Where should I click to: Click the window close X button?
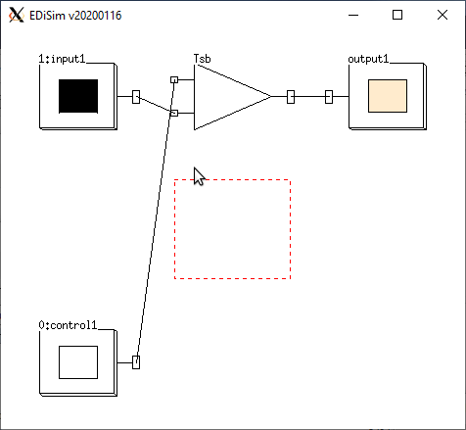443,15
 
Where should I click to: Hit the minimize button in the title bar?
353,15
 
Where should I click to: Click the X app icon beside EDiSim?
17,15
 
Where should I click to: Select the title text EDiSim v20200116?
75,16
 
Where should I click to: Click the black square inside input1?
78,96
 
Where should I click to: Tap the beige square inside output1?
388,96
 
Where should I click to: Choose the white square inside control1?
78,362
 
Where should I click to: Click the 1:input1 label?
62,59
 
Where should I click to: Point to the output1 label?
368,59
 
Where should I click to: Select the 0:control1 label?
68,325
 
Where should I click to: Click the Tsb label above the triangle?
203,59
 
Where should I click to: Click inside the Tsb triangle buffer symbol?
225,97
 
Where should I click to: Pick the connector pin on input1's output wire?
136,97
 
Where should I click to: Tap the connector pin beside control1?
136,362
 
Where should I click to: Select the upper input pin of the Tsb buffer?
174,79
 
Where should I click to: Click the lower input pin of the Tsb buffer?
174,113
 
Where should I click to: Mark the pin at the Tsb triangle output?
291,97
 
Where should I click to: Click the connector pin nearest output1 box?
329,97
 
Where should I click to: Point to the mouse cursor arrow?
199,176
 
